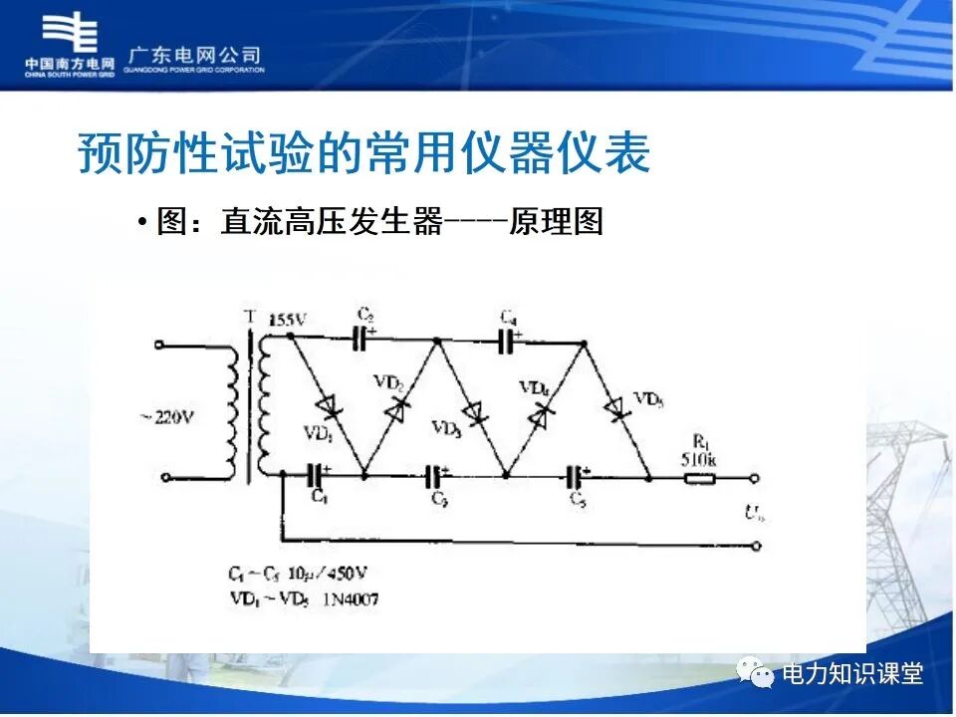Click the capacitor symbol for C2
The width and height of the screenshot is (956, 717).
coord(362,340)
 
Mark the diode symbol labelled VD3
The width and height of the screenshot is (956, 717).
coord(474,412)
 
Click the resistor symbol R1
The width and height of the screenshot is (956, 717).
coord(700,478)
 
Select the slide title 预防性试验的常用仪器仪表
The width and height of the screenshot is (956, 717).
coord(363,154)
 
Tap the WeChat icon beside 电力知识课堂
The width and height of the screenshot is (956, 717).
coord(757,673)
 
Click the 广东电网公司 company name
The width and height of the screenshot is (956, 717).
coord(195,55)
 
